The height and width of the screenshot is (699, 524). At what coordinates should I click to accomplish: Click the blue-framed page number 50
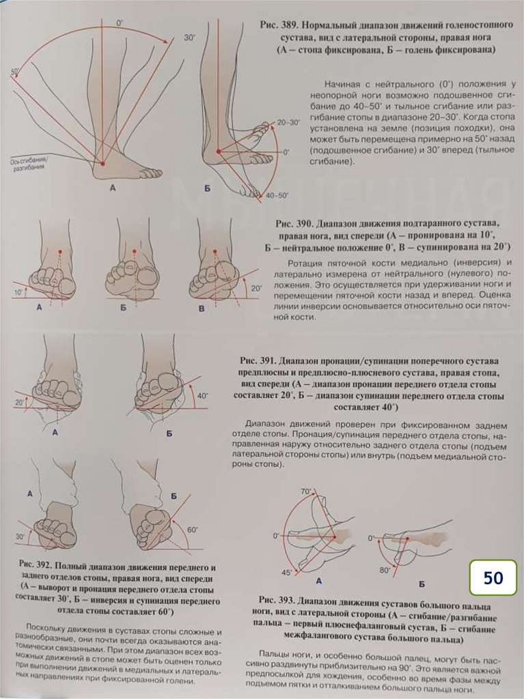point(493,577)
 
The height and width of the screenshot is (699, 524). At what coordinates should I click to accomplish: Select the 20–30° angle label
point(289,122)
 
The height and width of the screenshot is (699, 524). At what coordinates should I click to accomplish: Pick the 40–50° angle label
point(275,195)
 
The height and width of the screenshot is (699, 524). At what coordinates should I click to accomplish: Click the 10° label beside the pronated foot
point(18,292)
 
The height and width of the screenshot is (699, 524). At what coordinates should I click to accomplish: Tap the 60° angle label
point(192,530)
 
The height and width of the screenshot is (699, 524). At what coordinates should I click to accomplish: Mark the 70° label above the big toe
point(305,491)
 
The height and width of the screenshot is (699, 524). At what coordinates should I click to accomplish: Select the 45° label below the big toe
point(286,572)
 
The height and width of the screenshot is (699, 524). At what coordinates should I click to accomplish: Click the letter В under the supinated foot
point(201,309)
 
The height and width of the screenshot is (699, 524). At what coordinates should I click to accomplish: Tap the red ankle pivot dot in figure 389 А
point(102,164)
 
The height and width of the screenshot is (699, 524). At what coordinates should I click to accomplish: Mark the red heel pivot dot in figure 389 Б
point(217,151)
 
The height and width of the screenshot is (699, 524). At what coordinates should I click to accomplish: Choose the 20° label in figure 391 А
point(18,403)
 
